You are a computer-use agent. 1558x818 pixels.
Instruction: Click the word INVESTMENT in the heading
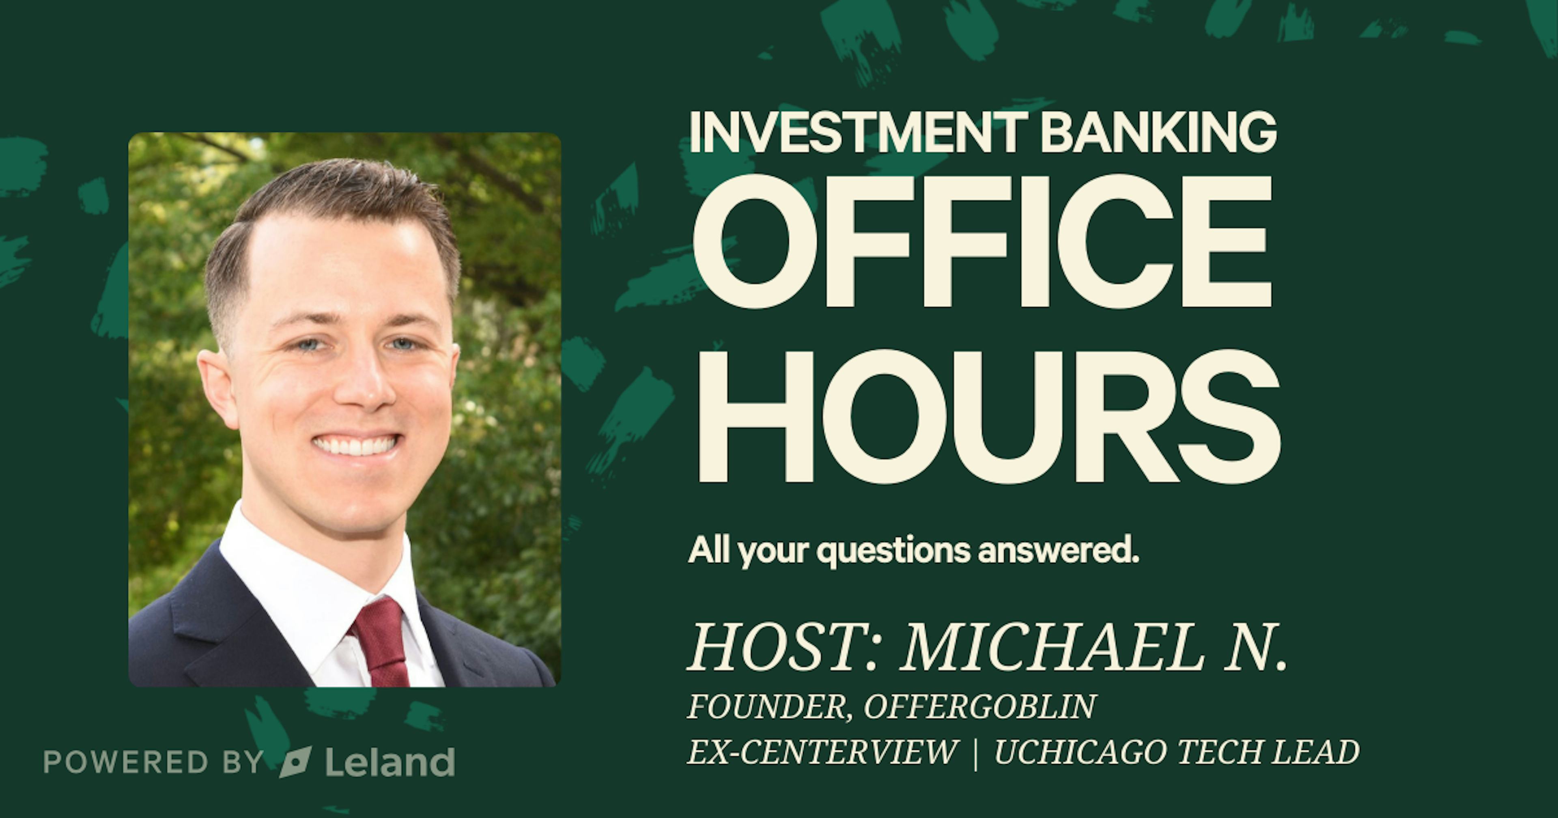click(x=858, y=132)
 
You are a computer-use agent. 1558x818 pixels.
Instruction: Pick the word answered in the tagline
click(x=1059, y=551)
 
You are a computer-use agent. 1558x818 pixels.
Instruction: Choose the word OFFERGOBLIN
click(x=980, y=707)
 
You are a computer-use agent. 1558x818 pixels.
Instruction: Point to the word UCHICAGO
click(x=1080, y=752)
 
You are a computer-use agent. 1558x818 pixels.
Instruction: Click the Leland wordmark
click(x=390, y=762)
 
